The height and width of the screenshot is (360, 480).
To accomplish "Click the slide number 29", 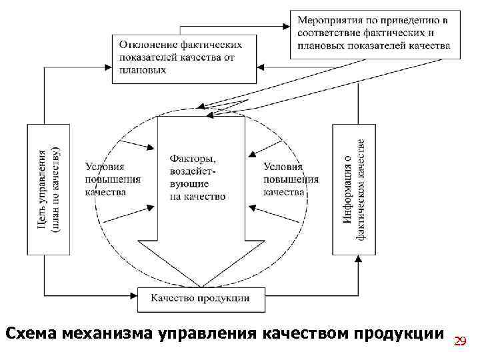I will (459, 341).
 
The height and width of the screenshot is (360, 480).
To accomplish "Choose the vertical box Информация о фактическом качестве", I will (354, 189).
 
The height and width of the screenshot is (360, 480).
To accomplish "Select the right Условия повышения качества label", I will (290, 179).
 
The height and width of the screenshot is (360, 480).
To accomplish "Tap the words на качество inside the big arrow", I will (198, 197).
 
